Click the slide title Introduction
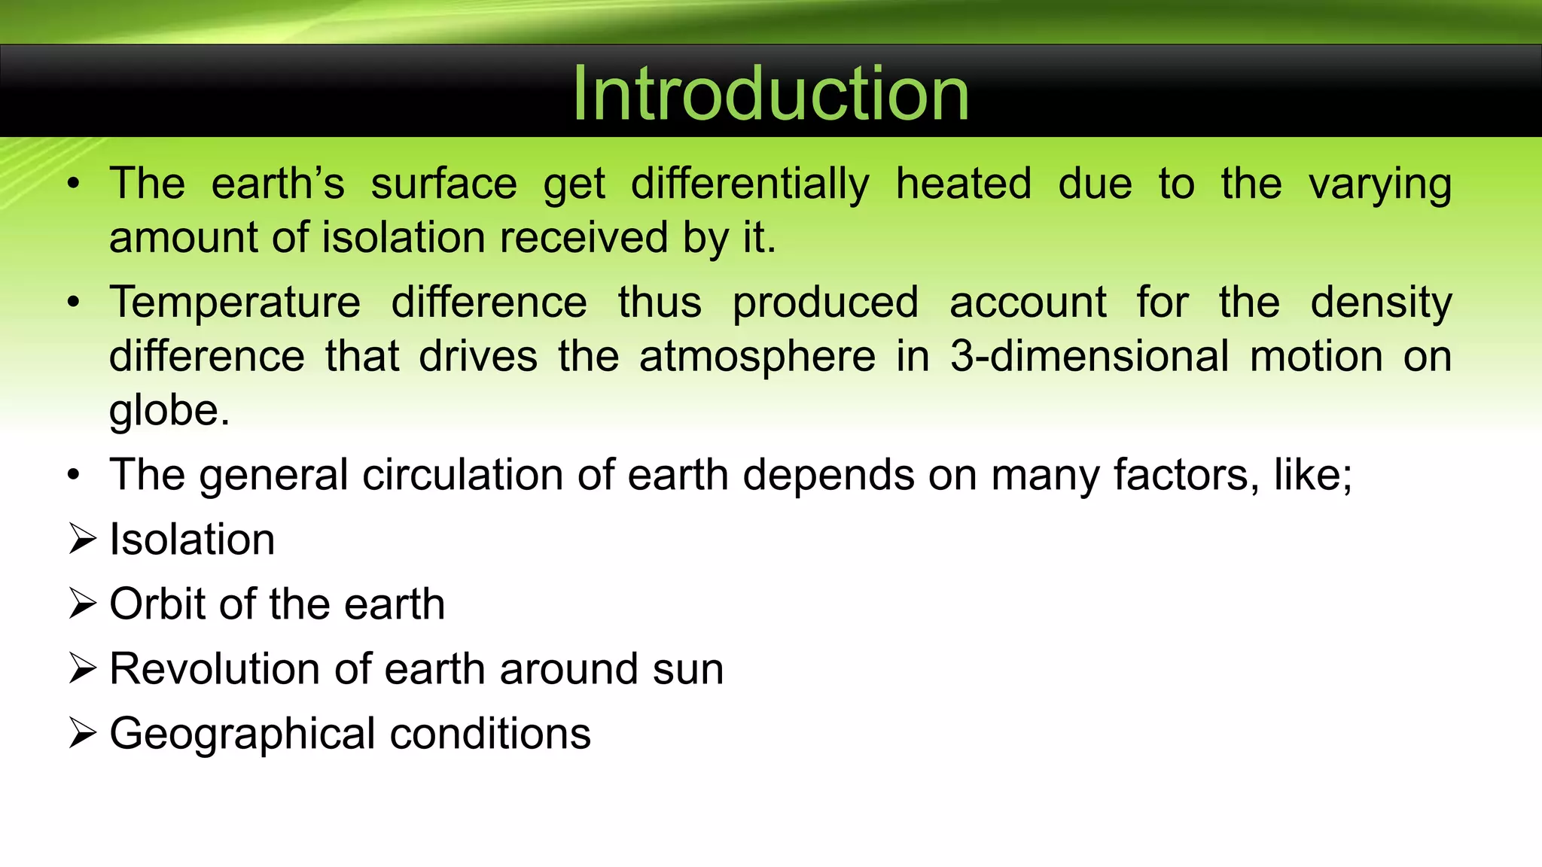tap(770, 93)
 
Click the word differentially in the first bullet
tap(750, 184)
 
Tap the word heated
tap(963, 184)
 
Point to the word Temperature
tap(235, 303)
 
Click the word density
tap(1380, 303)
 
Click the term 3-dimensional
tap(1089, 357)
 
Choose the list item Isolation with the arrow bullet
tap(192, 540)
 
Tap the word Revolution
tap(215, 669)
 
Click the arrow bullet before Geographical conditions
tap(82, 733)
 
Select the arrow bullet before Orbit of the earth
tap(82, 604)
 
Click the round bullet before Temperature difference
tap(73, 303)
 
